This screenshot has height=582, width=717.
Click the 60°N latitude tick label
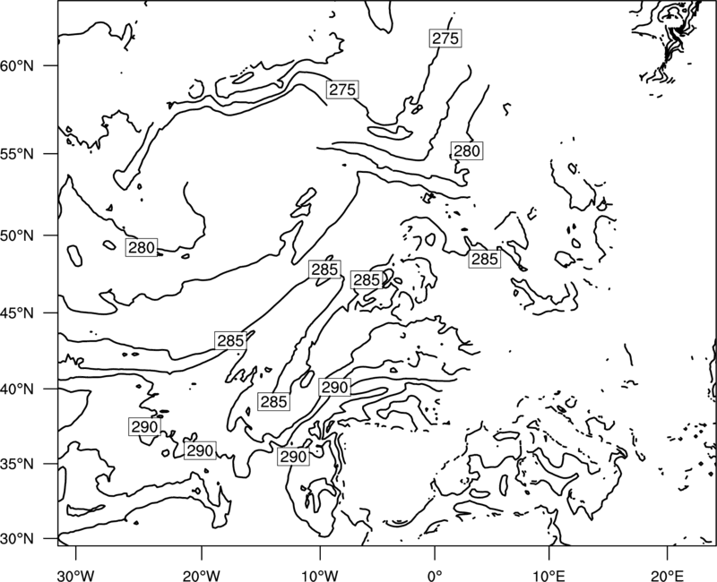[17, 66]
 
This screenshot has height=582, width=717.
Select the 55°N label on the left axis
[17, 154]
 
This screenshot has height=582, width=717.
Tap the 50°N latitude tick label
[17, 236]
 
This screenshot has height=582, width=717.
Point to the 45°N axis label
[17, 314]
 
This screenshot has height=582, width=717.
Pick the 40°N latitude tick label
[17, 389]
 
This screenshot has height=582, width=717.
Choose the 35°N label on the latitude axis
[17, 465]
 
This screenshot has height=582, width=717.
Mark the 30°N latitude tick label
[17, 539]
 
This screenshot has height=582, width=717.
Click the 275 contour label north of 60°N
[445, 39]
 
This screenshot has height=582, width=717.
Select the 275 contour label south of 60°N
[342, 90]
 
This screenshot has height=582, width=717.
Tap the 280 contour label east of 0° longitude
[467, 150]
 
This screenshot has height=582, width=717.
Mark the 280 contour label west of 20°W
[142, 248]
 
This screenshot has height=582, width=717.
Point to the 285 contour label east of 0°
[484, 259]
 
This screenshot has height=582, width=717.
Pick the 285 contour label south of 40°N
[273, 401]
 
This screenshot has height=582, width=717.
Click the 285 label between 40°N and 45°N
[230, 341]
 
